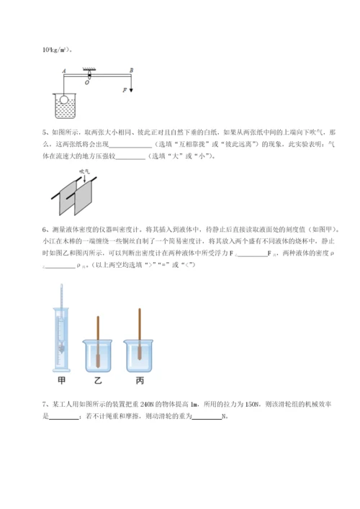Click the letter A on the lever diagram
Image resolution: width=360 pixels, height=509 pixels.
(65, 71)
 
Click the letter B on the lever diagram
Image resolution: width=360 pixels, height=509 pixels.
(130, 71)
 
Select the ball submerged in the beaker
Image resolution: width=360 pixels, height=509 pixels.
(63, 100)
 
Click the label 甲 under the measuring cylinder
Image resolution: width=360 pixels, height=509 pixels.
(61, 377)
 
